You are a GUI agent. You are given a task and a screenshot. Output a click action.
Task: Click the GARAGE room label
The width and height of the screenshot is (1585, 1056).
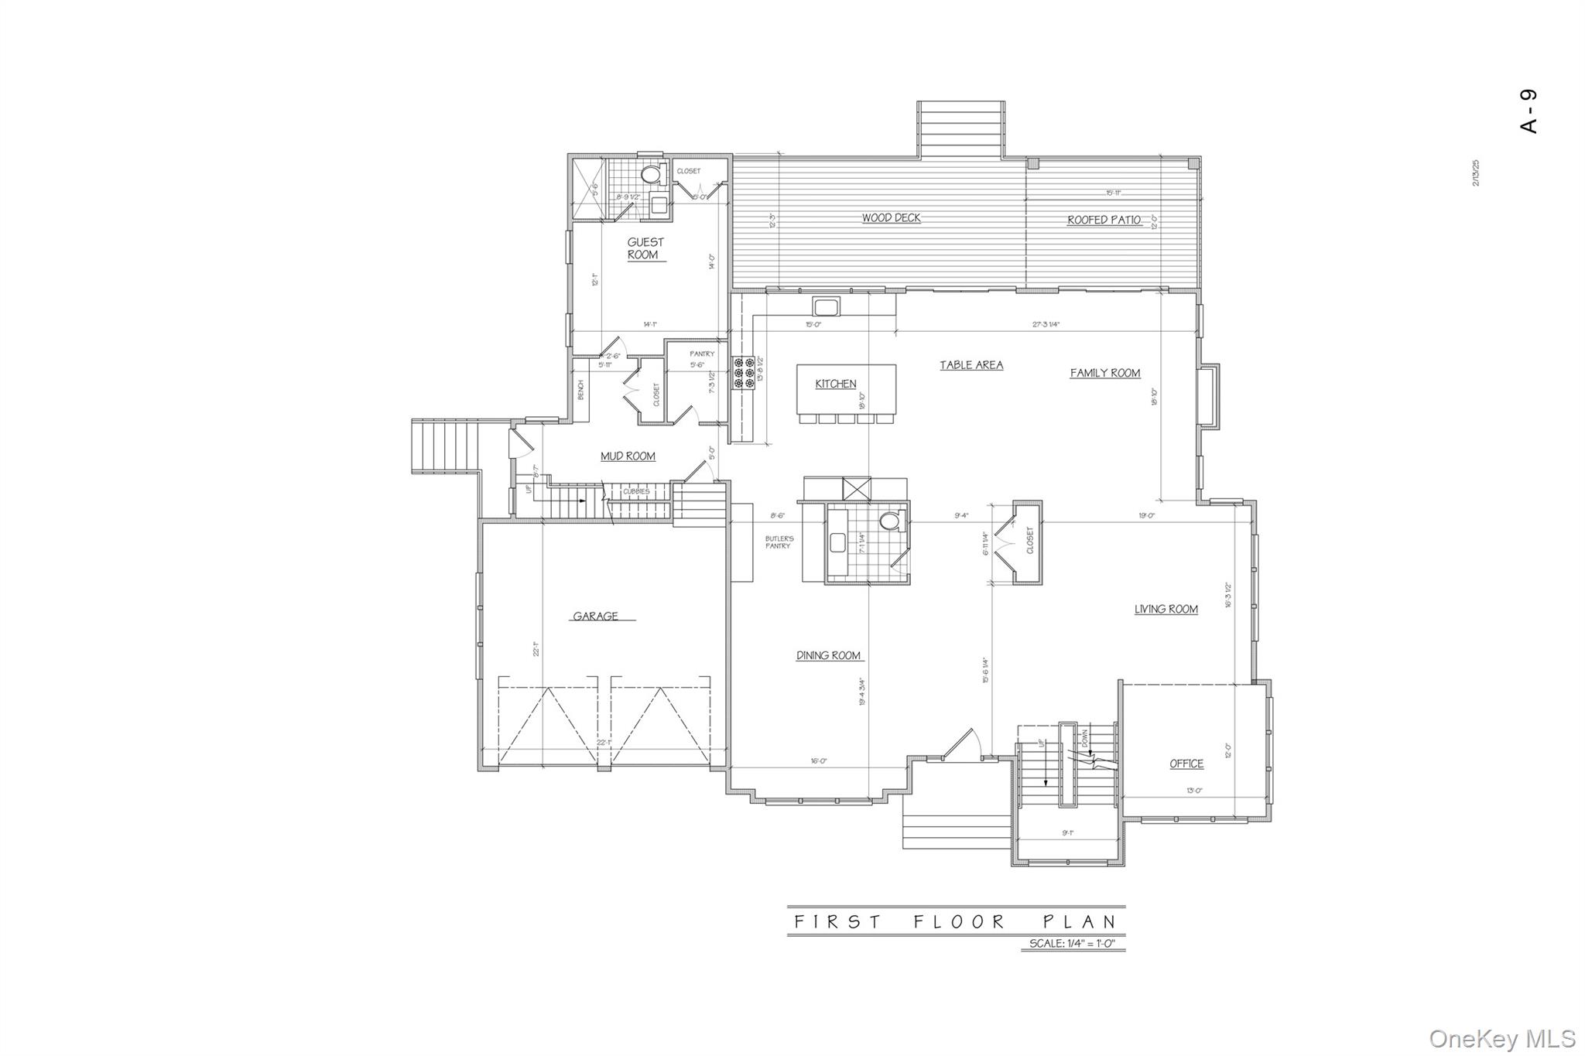(x=595, y=617)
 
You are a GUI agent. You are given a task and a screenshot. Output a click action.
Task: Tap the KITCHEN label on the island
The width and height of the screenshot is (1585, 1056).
(x=836, y=384)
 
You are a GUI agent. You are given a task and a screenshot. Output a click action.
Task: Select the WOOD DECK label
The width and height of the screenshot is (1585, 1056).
(x=892, y=218)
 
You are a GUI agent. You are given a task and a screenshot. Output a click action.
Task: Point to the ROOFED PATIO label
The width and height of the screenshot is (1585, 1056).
(x=1104, y=220)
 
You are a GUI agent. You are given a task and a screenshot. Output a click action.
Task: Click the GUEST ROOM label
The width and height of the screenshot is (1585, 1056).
(x=645, y=248)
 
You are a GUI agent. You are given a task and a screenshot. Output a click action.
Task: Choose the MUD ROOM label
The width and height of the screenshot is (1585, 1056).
(x=628, y=456)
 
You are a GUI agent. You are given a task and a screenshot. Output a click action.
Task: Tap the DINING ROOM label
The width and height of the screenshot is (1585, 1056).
(x=829, y=655)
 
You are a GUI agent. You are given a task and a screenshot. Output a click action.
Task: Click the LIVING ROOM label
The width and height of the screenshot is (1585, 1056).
(x=1166, y=610)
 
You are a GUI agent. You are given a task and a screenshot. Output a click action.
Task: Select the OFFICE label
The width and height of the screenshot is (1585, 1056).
(x=1186, y=764)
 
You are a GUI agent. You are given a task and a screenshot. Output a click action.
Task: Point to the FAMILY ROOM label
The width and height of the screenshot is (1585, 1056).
(x=1104, y=373)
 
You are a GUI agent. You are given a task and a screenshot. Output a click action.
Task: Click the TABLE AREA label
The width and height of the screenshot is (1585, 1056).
(x=971, y=365)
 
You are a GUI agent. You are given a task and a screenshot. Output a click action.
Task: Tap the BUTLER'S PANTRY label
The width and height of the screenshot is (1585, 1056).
(x=779, y=542)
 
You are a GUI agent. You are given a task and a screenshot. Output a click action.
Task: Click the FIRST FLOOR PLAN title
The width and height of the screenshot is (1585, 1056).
(x=957, y=921)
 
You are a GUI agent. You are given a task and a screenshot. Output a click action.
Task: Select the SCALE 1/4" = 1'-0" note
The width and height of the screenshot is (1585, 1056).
(x=1071, y=944)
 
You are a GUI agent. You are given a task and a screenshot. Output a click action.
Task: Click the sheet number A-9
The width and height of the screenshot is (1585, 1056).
(x=1529, y=111)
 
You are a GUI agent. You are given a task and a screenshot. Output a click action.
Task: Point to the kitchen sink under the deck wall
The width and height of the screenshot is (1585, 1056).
(x=825, y=306)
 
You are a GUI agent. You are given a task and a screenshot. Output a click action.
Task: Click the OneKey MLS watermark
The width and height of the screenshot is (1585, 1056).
(x=1501, y=1037)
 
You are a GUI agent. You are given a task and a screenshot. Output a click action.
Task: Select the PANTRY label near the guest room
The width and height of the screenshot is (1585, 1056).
(x=702, y=354)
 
